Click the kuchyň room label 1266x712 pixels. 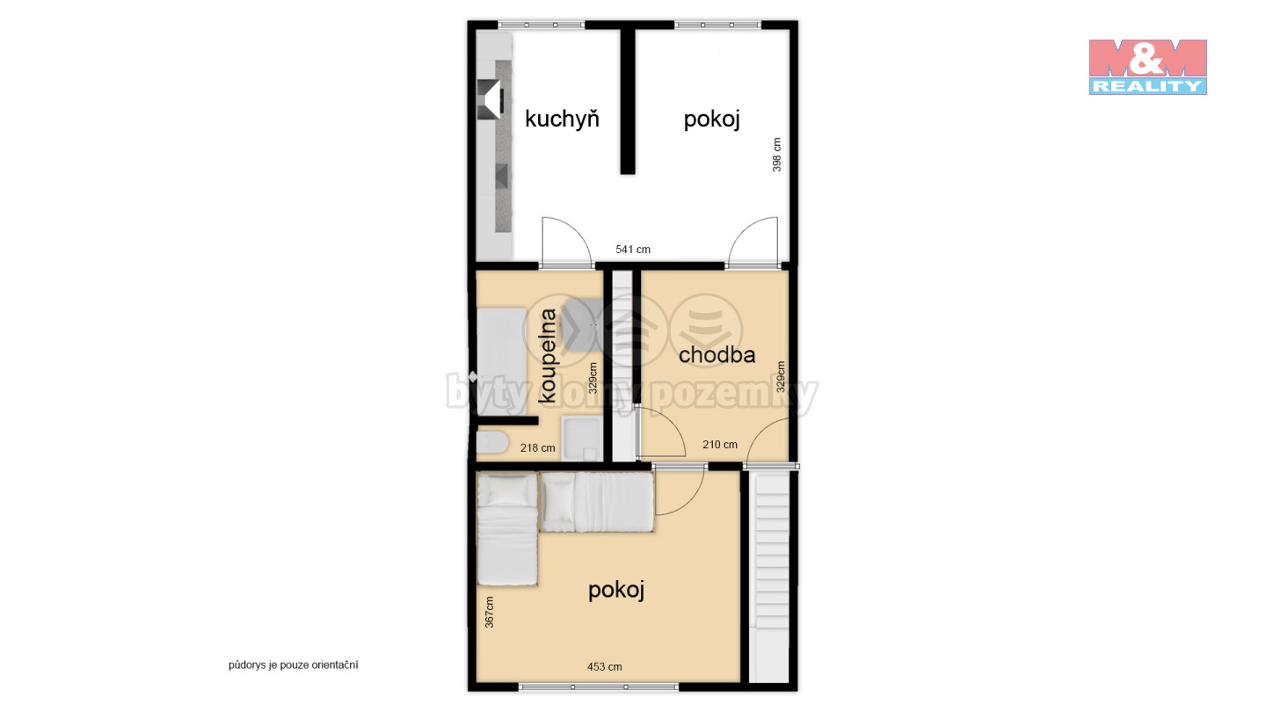click(562, 120)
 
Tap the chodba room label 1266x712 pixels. click(717, 355)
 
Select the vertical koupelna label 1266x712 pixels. click(548, 355)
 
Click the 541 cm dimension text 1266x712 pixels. click(633, 250)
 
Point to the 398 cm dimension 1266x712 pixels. click(776, 155)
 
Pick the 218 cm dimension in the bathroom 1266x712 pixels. click(537, 448)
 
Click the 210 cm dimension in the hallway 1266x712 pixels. click(720, 445)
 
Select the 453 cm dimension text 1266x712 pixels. click(605, 667)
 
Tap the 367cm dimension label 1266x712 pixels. click(490, 612)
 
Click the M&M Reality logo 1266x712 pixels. click(1148, 67)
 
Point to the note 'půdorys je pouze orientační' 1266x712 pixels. click(294, 665)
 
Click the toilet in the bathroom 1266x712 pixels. click(492, 442)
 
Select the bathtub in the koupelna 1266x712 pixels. click(502, 361)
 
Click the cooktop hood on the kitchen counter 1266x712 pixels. click(490, 99)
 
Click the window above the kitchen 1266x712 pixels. click(541, 25)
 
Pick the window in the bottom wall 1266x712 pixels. click(599, 687)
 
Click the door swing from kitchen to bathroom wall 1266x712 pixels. click(567, 241)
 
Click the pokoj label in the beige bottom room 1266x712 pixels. click(616, 591)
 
